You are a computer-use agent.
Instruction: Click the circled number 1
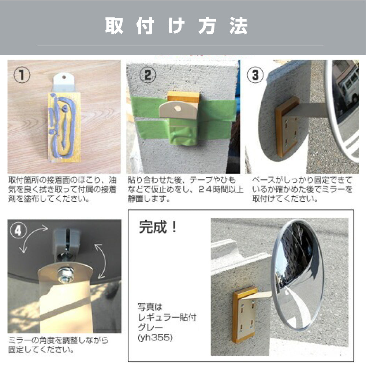coord(22,75)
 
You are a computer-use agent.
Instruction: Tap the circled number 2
coord(148,75)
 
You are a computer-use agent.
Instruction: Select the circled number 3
coord(255,75)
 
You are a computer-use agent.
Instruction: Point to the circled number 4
coord(18,231)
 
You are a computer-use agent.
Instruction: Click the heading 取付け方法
coord(177,26)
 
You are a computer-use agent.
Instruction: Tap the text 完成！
coord(158,227)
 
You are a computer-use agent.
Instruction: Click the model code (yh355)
coord(155,337)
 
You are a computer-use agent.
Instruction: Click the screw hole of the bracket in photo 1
coord(64,76)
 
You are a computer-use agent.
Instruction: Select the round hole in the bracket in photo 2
coord(178,109)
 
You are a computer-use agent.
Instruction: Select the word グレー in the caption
coord(150,327)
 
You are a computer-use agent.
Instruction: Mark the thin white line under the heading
coord(180,45)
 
